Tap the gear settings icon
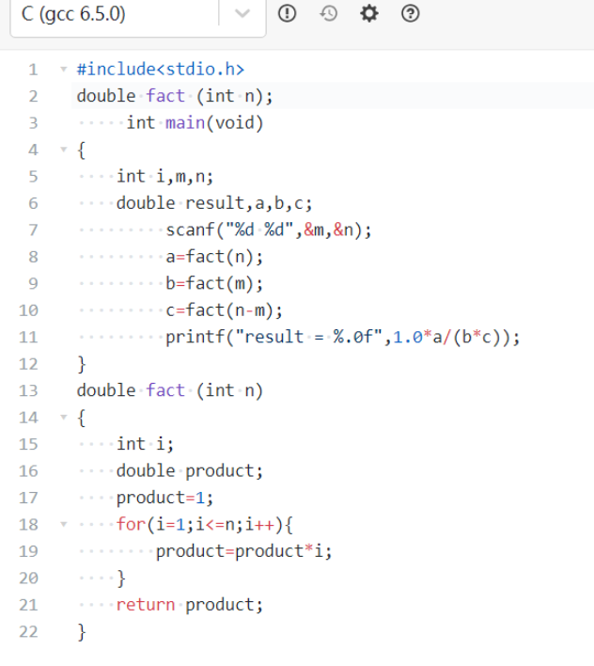(368, 13)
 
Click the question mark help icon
(410, 13)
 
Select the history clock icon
(328, 13)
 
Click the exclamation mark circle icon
(288, 13)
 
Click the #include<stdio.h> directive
(161, 69)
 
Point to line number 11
(27, 337)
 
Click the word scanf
(190, 230)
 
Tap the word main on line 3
(185, 122)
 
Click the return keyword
(146, 605)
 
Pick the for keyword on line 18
(131, 524)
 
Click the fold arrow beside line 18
(63, 524)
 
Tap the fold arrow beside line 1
(63, 69)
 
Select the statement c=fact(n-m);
(225, 310)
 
